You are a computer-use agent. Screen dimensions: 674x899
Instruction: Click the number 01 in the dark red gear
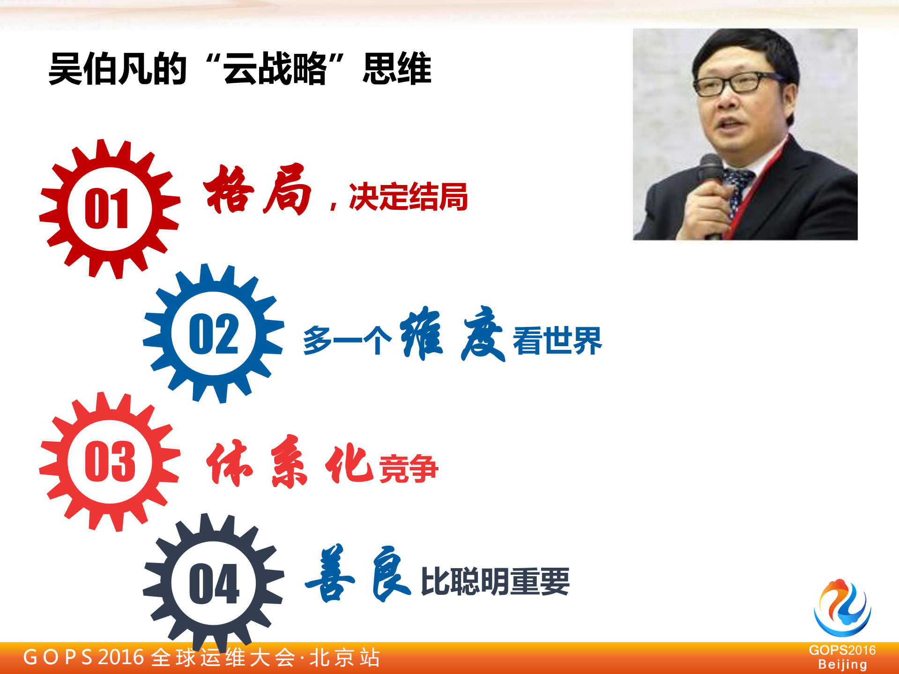(x=107, y=209)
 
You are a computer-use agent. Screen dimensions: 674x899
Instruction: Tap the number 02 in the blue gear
(x=214, y=334)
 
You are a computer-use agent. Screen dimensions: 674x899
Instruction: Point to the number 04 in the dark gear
(x=214, y=584)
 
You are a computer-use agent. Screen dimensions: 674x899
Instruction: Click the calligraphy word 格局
(x=257, y=190)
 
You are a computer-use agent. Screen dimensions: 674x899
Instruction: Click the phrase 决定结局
(x=408, y=197)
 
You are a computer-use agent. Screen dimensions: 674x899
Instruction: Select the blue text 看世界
(x=557, y=341)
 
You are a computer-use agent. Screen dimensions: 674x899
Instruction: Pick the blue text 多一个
(x=347, y=341)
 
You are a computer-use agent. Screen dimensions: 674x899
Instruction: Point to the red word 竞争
(x=409, y=468)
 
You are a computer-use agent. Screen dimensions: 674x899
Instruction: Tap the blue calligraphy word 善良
(x=358, y=573)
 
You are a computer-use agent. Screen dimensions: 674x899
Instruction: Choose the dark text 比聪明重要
(x=495, y=581)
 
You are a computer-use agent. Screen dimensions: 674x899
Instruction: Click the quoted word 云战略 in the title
(x=275, y=69)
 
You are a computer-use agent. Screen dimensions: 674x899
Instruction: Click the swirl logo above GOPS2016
(x=842, y=607)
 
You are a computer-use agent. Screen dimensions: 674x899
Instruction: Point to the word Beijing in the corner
(x=842, y=665)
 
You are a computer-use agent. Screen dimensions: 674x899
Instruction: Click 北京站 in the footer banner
(x=345, y=658)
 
